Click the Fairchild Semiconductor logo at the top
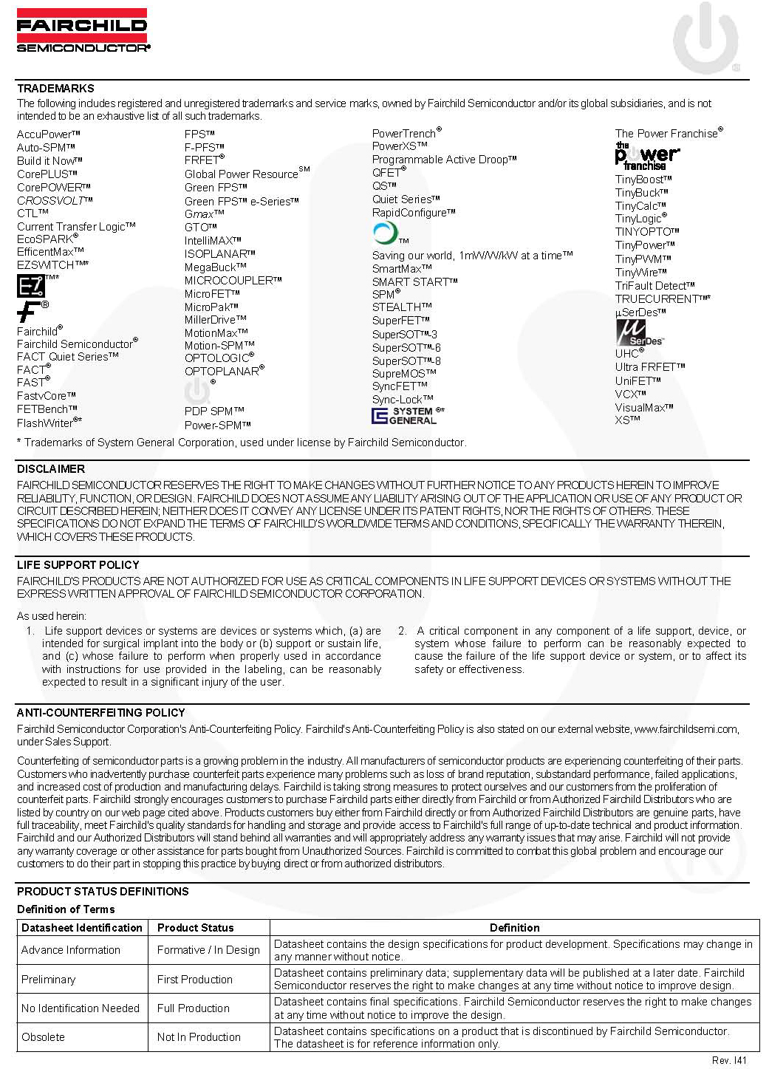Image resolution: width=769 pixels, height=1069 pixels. pos(82,30)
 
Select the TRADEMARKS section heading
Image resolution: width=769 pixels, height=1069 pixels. pos(55,88)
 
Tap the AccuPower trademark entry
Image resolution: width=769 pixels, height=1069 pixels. pos(48,134)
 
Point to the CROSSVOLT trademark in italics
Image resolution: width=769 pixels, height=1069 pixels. pos(55,200)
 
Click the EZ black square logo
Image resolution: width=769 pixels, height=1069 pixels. pos(31,285)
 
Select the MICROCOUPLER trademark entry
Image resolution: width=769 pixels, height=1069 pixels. pos(233,281)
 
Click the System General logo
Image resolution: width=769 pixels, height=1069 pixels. pos(404,416)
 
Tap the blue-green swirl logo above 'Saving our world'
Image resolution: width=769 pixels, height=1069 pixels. pos(385,233)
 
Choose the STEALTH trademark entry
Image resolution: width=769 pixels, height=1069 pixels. pos(401,307)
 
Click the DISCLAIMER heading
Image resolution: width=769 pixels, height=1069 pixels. pos(51,469)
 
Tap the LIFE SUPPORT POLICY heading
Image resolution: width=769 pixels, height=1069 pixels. pos(78,565)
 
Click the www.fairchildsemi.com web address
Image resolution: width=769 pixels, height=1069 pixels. pos(686,729)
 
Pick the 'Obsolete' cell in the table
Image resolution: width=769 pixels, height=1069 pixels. pos(44,1037)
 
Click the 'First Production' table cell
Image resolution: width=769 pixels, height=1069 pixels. pos(195,980)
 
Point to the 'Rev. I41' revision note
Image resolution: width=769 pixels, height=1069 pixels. pos(729,1061)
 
